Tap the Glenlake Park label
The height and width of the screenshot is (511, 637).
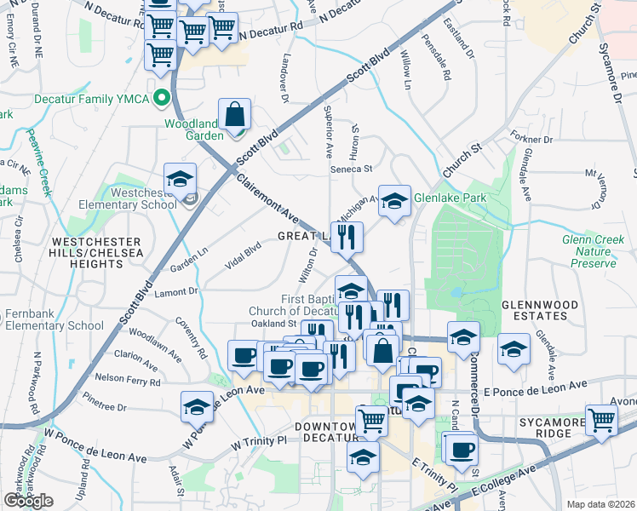click(449, 198)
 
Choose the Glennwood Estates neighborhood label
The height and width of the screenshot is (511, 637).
click(534, 309)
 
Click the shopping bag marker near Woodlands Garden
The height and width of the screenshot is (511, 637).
click(234, 115)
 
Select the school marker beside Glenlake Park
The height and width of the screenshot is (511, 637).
click(394, 202)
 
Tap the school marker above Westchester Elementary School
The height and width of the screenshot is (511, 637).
click(181, 179)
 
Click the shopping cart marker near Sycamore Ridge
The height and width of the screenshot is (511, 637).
click(601, 420)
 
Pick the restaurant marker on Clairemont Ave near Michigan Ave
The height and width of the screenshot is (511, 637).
click(347, 238)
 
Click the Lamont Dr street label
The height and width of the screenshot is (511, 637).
click(176, 292)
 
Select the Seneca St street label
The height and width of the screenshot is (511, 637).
click(352, 169)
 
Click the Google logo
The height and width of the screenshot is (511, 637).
click(29, 500)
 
